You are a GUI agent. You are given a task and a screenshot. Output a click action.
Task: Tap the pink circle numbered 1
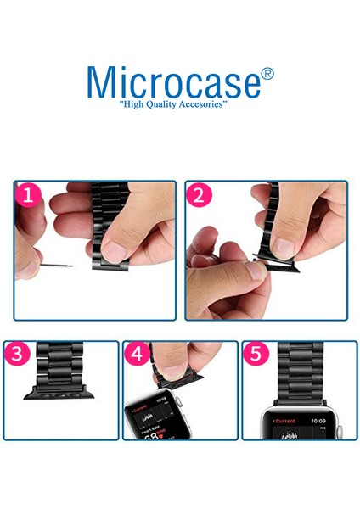[29, 197]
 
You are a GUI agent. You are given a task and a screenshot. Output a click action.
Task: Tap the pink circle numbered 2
[200, 197]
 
